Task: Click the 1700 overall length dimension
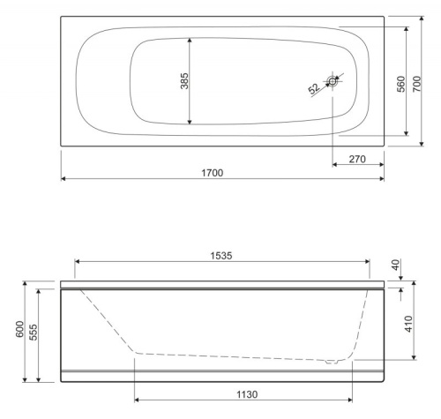pos(222,170)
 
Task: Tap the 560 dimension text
pos(400,84)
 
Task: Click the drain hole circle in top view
pos(333,82)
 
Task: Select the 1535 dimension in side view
pos(222,254)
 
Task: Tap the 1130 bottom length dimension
pos(243,396)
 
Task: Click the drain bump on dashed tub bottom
pos(331,361)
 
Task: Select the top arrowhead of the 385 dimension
pos(191,41)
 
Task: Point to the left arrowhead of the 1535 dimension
pos(78,261)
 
